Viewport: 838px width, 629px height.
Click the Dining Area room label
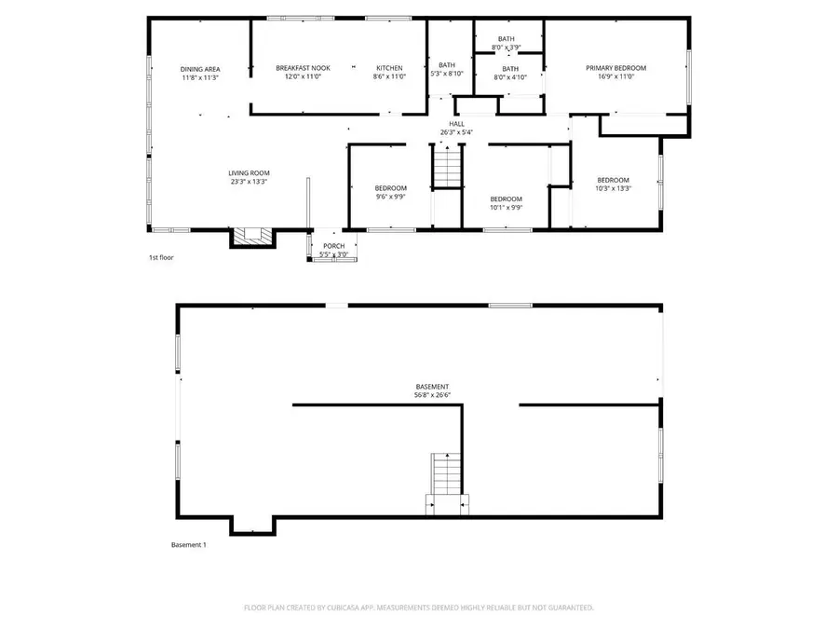tap(199, 69)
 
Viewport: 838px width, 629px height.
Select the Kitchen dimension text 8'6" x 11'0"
tap(389, 77)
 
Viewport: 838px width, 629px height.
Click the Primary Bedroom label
tap(615, 68)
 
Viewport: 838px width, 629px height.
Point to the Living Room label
tap(249, 172)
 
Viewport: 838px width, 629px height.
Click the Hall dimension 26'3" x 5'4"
tap(456, 132)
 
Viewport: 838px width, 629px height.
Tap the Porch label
tap(333, 246)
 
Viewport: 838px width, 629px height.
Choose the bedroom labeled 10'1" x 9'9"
tap(506, 203)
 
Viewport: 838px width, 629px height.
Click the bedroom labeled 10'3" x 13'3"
tap(613, 185)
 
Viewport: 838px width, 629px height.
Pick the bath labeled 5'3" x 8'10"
tap(447, 69)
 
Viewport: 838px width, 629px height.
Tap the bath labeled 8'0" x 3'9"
tap(506, 43)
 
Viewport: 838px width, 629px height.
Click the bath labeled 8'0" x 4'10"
tap(510, 73)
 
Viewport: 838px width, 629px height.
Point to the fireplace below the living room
tap(253, 237)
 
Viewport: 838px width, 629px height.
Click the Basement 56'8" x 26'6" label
tap(432, 390)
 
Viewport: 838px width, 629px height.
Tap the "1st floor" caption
tap(161, 258)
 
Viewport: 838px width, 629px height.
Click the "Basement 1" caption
tap(188, 545)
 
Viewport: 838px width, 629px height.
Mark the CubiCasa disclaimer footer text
tap(418, 608)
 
